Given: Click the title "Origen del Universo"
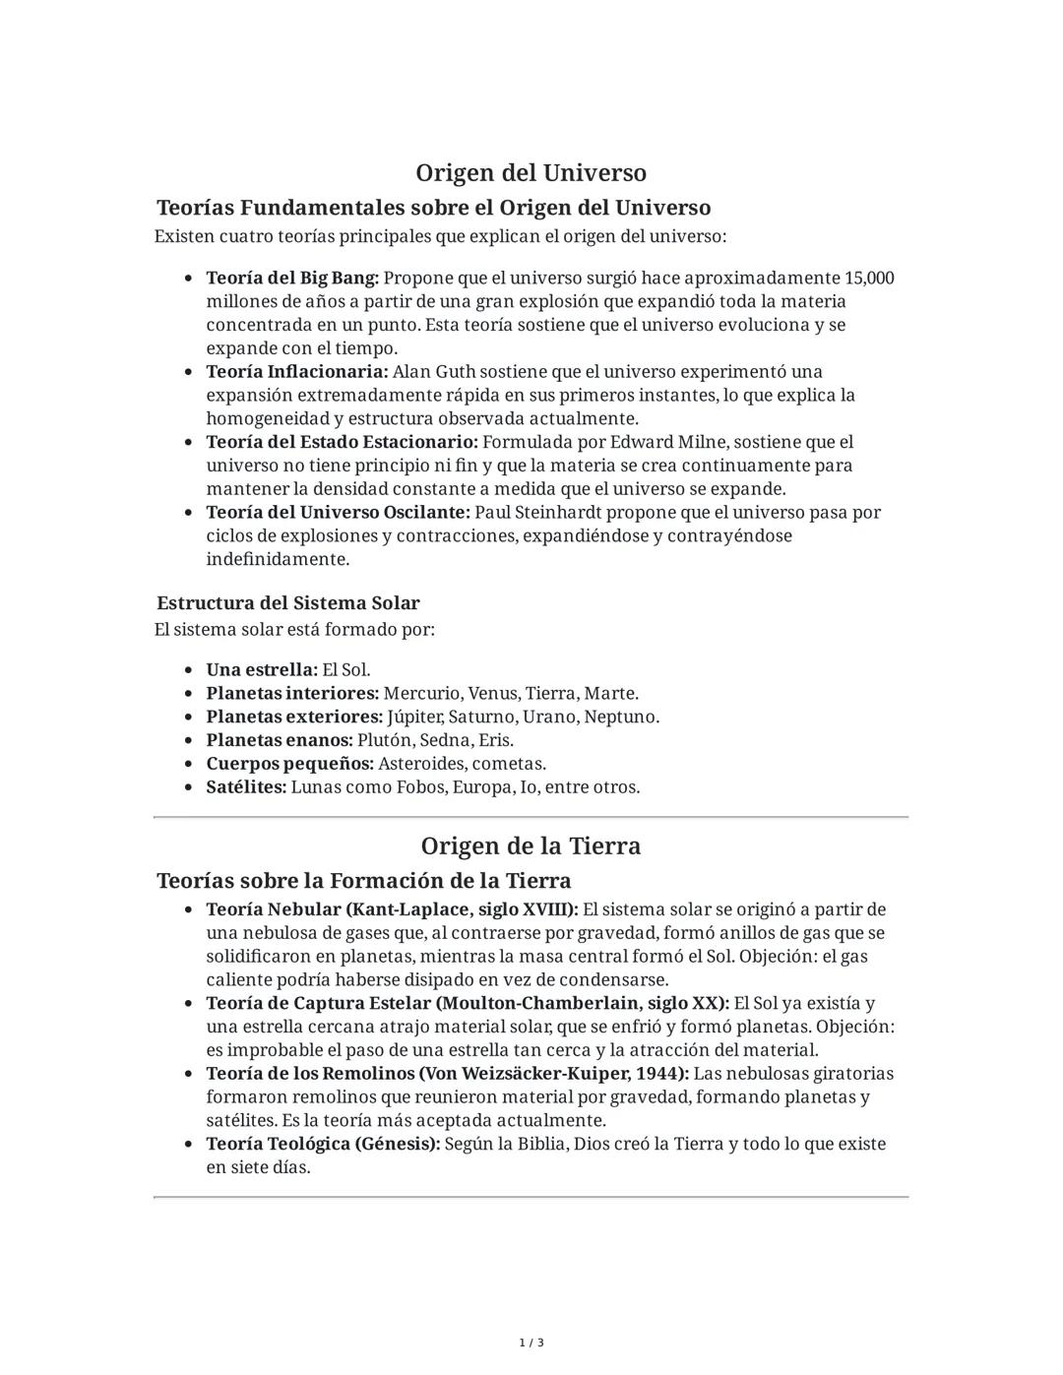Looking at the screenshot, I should tap(531, 173).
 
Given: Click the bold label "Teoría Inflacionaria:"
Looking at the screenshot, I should tap(297, 372).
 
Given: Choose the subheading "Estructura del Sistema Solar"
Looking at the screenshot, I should tap(287, 603).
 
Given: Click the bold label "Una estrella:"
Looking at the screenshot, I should tap(262, 670).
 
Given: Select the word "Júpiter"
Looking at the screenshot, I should tap(414, 718).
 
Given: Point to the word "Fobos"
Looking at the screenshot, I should tap(419, 787).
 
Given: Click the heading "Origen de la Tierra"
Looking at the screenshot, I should tap(531, 846).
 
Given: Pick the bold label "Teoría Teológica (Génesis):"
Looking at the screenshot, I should tap(323, 1145).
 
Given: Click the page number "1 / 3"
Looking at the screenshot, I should tap(531, 1344).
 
